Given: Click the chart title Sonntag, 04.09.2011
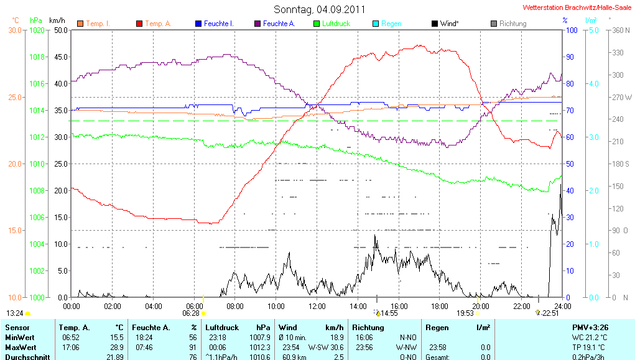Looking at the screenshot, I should pyautogui.click(x=319, y=9).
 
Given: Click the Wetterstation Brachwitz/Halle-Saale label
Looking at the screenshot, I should pyautogui.click(x=577, y=7).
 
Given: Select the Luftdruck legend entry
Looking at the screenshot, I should pyautogui.click(x=336, y=24).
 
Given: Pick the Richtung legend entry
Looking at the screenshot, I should pyautogui.click(x=512, y=24).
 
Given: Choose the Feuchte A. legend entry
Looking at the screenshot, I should pyautogui.click(x=278, y=24).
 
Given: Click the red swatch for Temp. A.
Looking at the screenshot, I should pyautogui.click(x=139, y=24).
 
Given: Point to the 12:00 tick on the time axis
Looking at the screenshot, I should pyautogui.click(x=317, y=306).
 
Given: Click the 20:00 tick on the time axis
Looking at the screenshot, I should pyautogui.click(x=480, y=306).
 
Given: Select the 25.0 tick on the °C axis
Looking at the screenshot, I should pyautogui.click(x=14, y=97).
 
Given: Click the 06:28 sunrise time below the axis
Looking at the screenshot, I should pyautogui.click(x=190, y=314).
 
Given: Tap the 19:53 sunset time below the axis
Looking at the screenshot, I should pyautogui.click(x=466, y=314).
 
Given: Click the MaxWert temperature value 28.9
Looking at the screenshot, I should pyautogui.click(x=116, y=346).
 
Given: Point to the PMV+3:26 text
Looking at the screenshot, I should pyautogui.click(x=590, y=327).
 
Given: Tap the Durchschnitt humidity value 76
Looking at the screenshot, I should pyautogui.click(x=193, y=356).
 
